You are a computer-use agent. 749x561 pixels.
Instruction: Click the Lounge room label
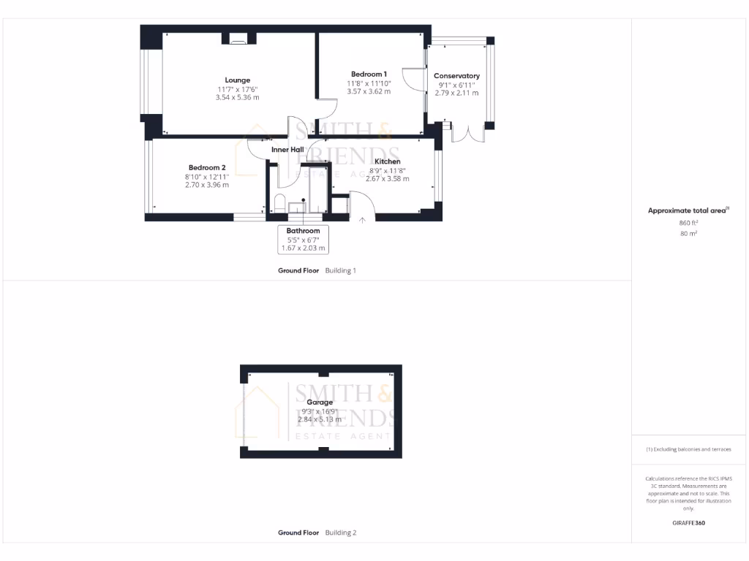pos(237,80)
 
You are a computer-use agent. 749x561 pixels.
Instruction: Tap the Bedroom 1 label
pos(369,75)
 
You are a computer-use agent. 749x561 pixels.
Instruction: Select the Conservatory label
pos(456,76)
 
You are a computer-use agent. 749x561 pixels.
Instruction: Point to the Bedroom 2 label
pos(206,167)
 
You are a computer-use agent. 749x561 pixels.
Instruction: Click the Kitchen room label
pos(387,161)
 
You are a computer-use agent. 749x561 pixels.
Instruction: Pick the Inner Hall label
pos(287,150)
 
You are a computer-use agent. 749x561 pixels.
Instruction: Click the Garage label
pos(320,402)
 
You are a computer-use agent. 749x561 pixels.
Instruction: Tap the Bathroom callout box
pos(303,240)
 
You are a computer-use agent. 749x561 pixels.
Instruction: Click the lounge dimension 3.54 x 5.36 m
pos(237,97)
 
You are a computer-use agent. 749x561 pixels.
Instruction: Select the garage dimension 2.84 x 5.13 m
pos(320,419)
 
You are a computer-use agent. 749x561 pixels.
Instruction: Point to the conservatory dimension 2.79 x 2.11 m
pos(456,93)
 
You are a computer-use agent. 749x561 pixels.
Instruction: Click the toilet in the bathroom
pos(279,202)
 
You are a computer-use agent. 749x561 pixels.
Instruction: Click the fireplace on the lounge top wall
pos(238,39)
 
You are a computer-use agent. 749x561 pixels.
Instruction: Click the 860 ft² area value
pos(688,223)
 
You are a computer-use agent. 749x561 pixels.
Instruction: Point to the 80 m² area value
pos(688,234)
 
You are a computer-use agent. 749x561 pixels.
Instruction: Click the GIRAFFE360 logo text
pos(688,523)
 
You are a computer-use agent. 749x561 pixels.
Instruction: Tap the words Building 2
pos(341,533)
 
